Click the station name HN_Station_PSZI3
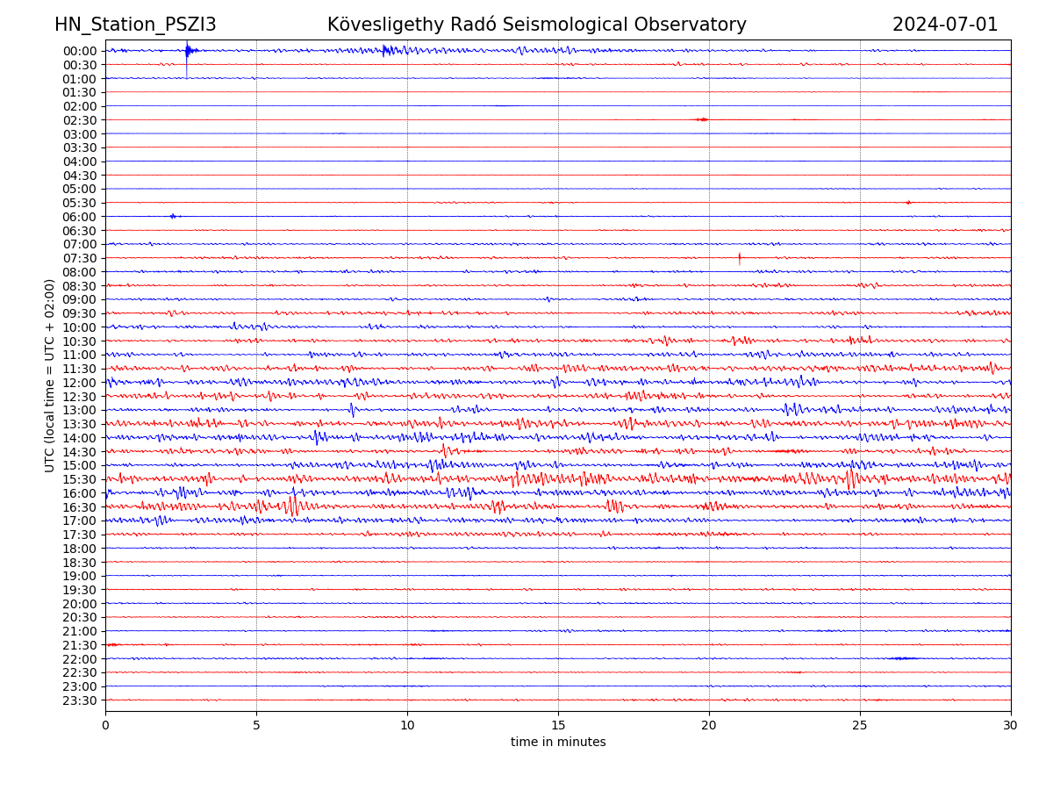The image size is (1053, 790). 135,25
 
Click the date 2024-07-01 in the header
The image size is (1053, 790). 945,25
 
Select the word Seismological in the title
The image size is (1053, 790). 592,25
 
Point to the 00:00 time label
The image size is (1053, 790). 80,51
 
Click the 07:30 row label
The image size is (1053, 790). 80,258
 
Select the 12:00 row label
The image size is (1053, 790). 80,383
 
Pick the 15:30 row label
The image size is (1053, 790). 80,479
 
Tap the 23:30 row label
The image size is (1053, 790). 80,700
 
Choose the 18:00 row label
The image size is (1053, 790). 80,549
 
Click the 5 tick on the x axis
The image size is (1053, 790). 256,725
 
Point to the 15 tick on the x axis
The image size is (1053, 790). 558,725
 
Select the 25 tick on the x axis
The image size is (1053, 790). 860,725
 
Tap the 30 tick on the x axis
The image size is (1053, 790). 1011,725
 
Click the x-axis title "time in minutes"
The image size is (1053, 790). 558,742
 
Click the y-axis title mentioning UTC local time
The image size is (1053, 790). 50,376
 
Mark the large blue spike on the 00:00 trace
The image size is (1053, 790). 187,53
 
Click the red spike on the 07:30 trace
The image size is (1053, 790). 740,258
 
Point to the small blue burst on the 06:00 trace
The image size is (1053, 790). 173,216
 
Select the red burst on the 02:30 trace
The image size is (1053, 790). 702,119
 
